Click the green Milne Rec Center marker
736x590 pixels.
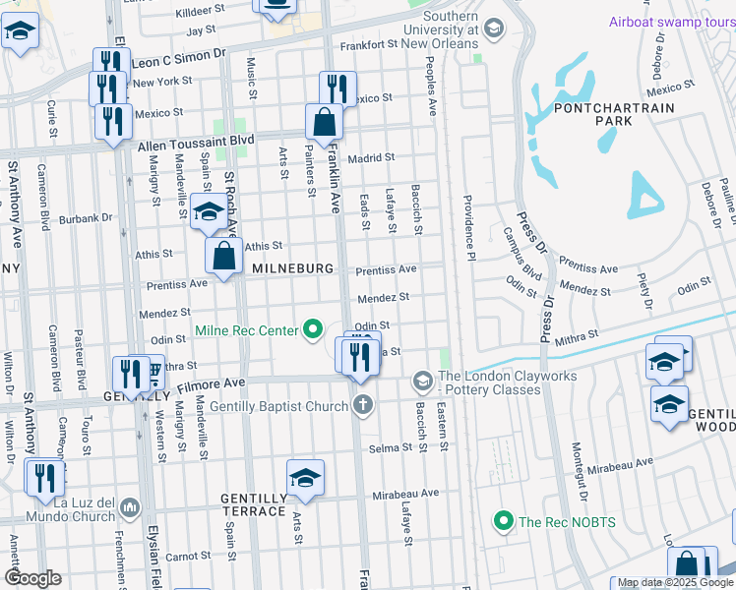[314, 329]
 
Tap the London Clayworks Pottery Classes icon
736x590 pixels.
[422, 380]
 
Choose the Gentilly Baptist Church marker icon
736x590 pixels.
[363, 403]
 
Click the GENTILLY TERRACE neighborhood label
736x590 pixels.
[253, 506]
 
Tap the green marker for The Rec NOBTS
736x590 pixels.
[504, 520]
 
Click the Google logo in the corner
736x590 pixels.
[32, 577]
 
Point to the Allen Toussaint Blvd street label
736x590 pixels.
[196, 144]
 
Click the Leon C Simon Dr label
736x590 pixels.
[171, 59]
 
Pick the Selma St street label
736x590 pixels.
[391, 447]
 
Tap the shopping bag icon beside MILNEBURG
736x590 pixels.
[224, 257]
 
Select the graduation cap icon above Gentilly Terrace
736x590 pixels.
[306, 478]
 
